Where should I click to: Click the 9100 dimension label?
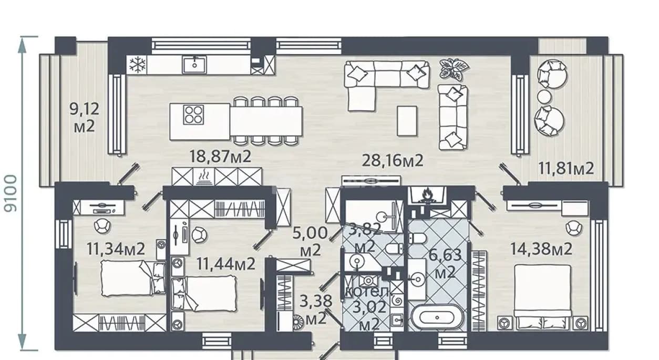point(11,193)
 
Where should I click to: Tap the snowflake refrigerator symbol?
point(137,65)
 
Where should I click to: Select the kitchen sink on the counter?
point(194,65)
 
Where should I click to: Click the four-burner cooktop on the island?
point(193,115)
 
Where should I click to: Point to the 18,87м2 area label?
point(220,157)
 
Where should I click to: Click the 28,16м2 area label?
point(393,161)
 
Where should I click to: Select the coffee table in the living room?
point(407,121)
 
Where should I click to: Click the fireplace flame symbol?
point(427,196)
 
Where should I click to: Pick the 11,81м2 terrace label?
point(566,169)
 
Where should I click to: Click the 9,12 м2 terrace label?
point(85,118)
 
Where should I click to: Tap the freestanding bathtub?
point(437,317)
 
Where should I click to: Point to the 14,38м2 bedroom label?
point(541,249)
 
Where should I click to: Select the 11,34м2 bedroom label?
point(116,249)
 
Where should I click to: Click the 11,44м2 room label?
point(225,264)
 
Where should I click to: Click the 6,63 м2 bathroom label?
point(445,263)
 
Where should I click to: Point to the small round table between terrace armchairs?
point(544,97)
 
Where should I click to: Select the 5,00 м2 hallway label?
point(310,241)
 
